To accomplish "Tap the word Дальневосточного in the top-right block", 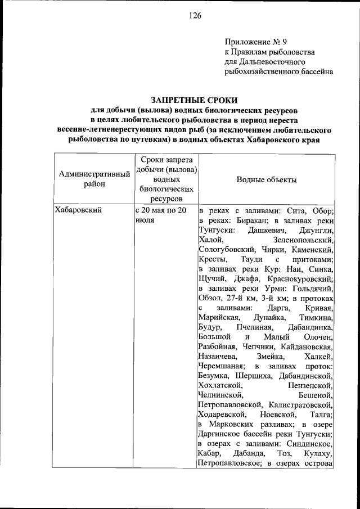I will coord(265,61).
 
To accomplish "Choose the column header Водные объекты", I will coord(267,179).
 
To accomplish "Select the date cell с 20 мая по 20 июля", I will coord(163,215).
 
